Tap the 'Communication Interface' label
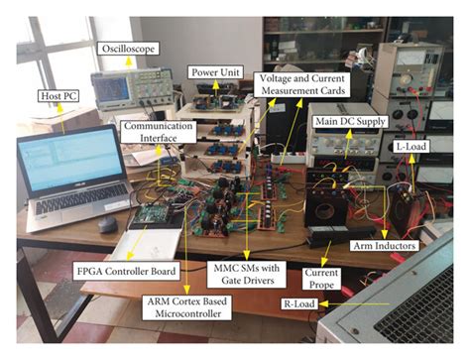coord(153,133)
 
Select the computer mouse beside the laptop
coord(106,224)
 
